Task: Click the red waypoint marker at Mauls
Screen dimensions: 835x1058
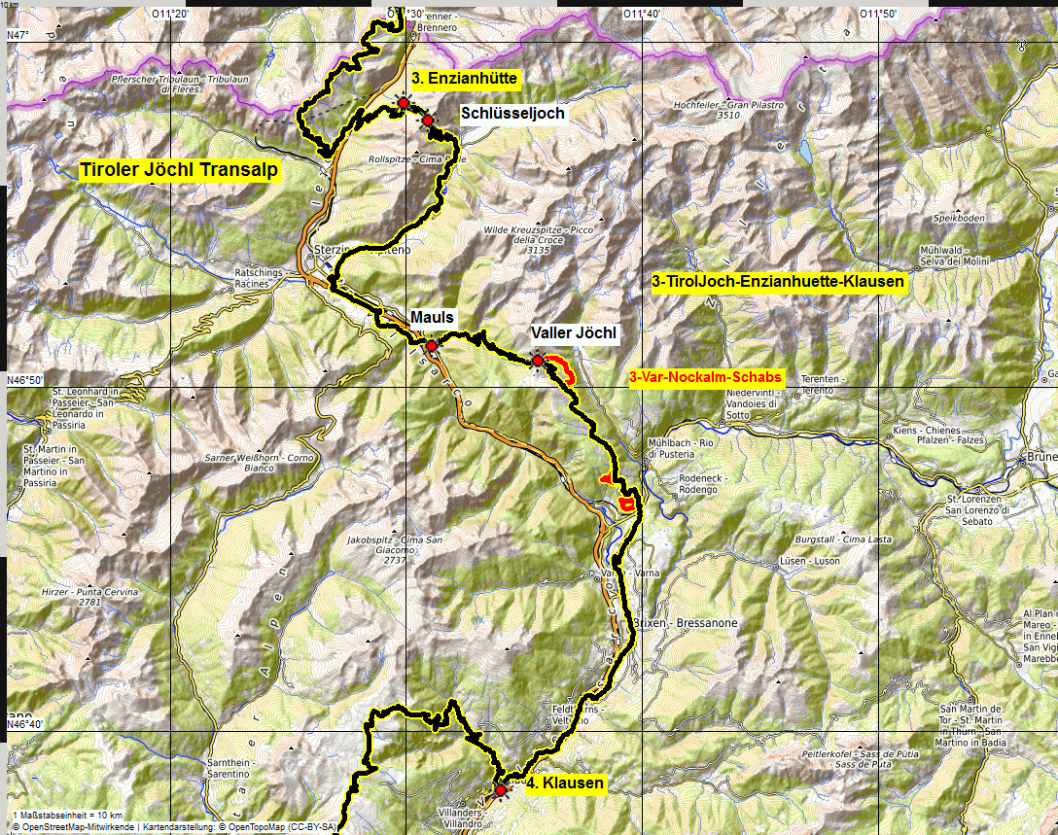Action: [432, 345]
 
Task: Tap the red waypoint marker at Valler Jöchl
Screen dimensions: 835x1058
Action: [537, 361]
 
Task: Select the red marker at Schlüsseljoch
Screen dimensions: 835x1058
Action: [427, 121]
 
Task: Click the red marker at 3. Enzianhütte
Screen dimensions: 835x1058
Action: [403, 102]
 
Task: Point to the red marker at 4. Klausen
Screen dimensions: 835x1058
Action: [501, 790]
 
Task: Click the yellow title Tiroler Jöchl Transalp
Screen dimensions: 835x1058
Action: [180, 170]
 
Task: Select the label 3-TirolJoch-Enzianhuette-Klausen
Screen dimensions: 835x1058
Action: [778, 282]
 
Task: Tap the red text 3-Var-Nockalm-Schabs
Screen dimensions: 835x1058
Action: [705, 377]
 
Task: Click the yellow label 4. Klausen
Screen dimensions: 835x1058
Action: [565, 783]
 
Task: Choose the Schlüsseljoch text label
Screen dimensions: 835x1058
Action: [512, 113]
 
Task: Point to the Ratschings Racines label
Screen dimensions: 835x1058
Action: [259, 279]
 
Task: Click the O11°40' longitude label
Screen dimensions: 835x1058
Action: [642, 13]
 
